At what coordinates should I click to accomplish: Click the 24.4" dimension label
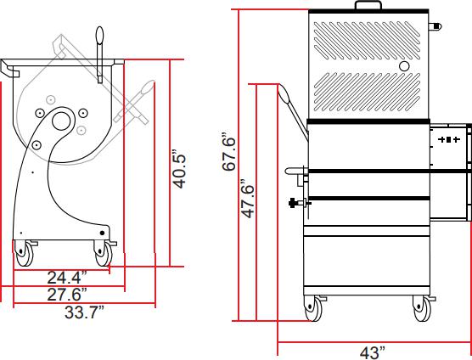(x=67, y=278)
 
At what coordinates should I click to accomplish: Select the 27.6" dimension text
(x=67, y=294)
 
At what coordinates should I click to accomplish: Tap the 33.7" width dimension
(x=84, y=312)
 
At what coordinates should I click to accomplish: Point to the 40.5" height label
(x=180, y=168)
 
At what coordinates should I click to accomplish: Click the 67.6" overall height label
(x=228, y=151)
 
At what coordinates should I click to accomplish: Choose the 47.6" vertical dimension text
(x=249, y=199)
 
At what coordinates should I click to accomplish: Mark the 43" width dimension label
(x=373, y=352)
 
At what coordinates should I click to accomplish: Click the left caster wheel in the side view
(x=24, y=254)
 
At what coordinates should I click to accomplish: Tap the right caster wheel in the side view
(x=104, y=253)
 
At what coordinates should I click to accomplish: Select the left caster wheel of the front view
(x=313, y=308)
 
